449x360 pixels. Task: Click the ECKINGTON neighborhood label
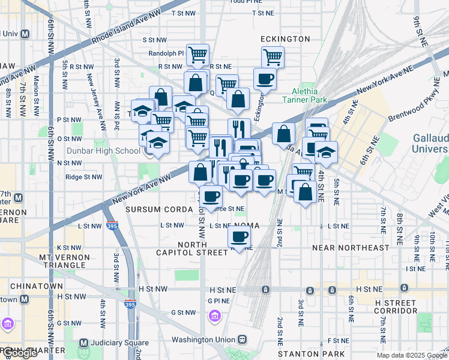click(x=285, y=39)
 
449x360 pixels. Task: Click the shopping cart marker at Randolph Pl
click(x=197, y=56)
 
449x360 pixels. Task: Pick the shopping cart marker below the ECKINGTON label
click(x=273, y=58)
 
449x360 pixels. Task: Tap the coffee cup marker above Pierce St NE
click(x=210, y=196)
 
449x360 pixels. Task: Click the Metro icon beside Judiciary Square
click(x=83, y=343)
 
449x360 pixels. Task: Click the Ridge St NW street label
click(x=83, y=177)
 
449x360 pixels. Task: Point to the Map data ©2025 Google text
click(x=411, y=355)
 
